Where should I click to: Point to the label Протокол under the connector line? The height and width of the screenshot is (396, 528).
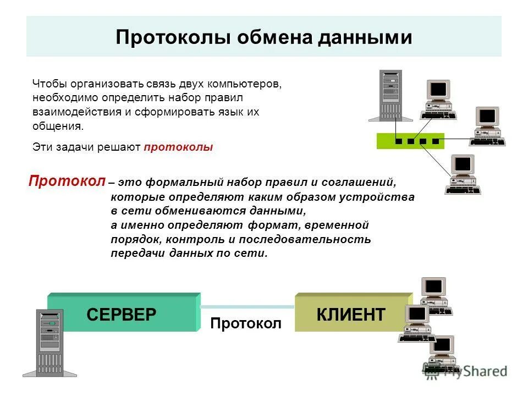[246, 323]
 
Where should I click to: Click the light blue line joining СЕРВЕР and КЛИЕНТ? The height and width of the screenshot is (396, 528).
[248, 306]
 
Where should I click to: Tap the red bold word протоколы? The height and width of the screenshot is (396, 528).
[178, 147]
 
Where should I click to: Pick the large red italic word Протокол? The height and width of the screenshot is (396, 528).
[67, 182]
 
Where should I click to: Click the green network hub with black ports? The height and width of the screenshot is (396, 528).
[410, 141]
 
